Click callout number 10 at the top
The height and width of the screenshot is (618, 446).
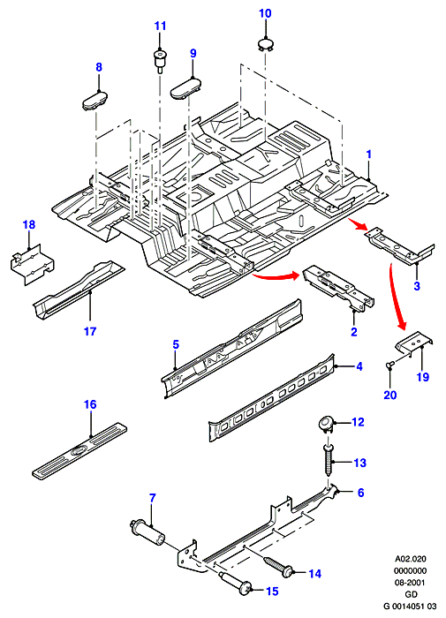(x=265, y=13)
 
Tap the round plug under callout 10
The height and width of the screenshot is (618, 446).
(x=265, y=43)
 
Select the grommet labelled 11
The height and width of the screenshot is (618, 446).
(x=159, y=60)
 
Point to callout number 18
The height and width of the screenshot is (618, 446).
(x=29, y=224)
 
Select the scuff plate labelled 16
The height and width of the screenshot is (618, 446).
(x=79, y=452)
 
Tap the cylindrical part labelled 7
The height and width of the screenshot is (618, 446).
(x=147, y=532)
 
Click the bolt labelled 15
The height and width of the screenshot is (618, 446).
(x=238, y=585)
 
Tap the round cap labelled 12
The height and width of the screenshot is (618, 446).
(x=326, y=424)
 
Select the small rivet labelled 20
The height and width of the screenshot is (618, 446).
(x=389, y=366)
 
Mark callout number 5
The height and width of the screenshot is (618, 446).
(x=176, y=344)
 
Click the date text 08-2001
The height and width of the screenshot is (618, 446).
(x=411, y=582)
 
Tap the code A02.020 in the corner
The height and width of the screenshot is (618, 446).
(x=411, y=559)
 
